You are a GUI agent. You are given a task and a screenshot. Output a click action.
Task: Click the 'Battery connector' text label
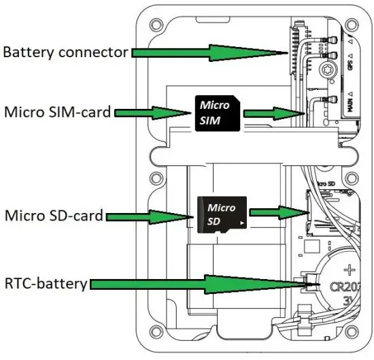[65, 51]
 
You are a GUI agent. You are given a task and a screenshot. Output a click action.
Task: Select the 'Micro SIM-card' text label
[56, 112]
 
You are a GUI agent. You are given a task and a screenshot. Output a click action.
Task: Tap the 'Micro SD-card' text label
[54, 216]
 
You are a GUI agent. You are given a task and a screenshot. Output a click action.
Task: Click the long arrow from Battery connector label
[211, 52]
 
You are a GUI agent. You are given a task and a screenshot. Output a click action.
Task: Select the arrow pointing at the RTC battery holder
[197, 284]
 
